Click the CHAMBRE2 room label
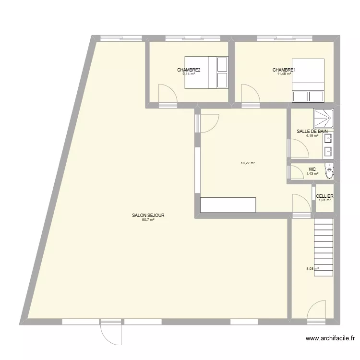point(189,70)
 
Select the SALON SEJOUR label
point(148,216)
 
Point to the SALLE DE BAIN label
point(312,131)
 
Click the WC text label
point(312,169)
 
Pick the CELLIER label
point(324,196)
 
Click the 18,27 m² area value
point(248,163)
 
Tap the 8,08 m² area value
point(312,269)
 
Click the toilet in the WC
point(329,170)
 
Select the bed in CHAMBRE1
point(308,80)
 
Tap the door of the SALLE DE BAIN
point(298,147)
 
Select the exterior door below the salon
point(110,332)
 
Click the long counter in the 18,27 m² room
point(228,205)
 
